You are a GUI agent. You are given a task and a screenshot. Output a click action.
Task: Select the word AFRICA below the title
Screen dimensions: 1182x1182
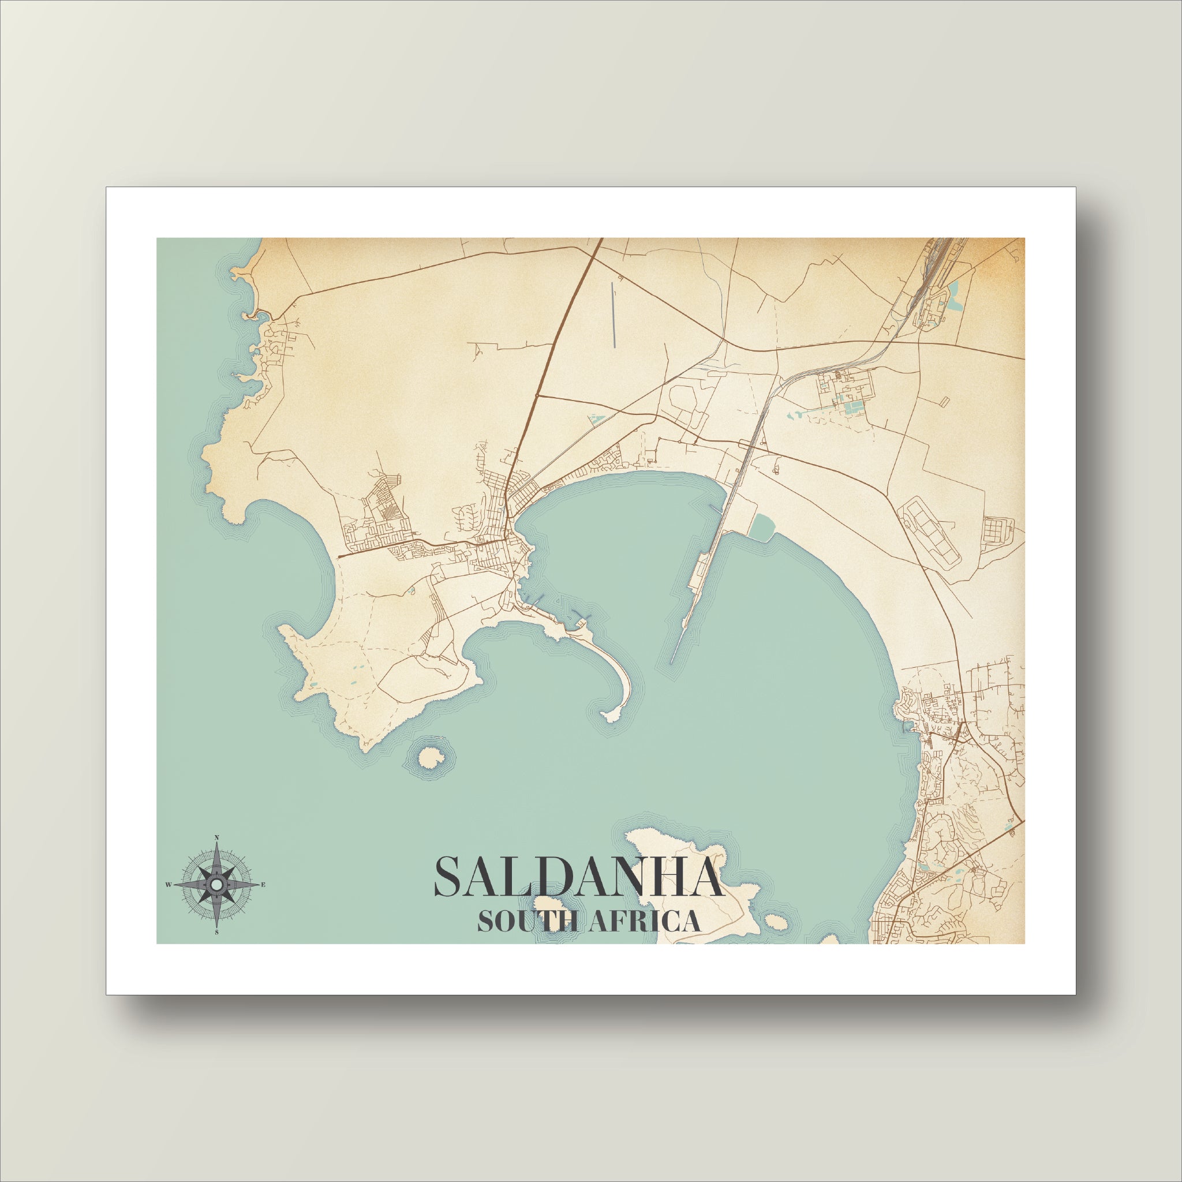641,921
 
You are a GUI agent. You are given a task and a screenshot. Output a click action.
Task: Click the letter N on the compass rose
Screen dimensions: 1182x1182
216,837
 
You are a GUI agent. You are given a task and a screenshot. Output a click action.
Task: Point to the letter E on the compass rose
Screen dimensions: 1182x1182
263,885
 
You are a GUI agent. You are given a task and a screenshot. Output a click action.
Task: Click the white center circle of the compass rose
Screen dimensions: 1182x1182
216,885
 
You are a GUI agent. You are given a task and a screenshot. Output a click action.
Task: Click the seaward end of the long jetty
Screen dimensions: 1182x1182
672,663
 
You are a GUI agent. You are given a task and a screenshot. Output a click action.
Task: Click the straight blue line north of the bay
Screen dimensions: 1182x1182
613,315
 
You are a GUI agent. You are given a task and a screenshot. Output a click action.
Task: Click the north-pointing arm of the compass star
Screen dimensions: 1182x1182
216,859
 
